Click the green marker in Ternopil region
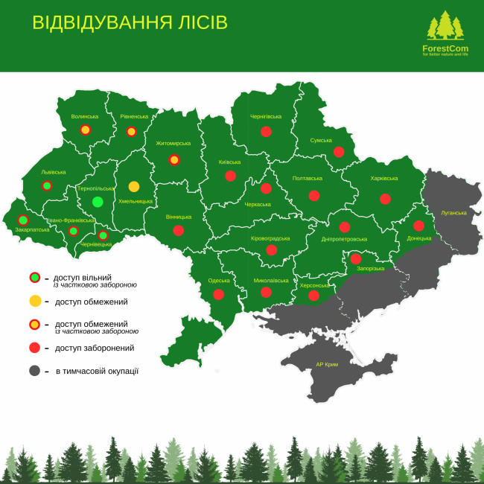(x=98, y=202)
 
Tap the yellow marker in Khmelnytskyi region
(x=134, y=186)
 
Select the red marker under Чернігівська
(x=266, y=131)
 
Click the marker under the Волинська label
(x=86, y=130)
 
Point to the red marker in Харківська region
(x=385, y=199)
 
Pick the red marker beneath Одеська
(x=218, y=294)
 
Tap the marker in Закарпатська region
(x=23, y=220)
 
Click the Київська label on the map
(x=230, y=162)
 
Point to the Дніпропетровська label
(x=344, y=239)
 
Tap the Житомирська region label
(x=173, y=143)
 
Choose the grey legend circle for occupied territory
(x=35, y=370)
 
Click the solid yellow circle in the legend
(x=35, y=302)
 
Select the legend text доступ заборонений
(x=95, y=348)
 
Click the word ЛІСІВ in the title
(x=191, y=22)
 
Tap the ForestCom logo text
(x=445, y=48)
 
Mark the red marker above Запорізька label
(x=356, y=258)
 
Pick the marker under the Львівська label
(x=47, y=185)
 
